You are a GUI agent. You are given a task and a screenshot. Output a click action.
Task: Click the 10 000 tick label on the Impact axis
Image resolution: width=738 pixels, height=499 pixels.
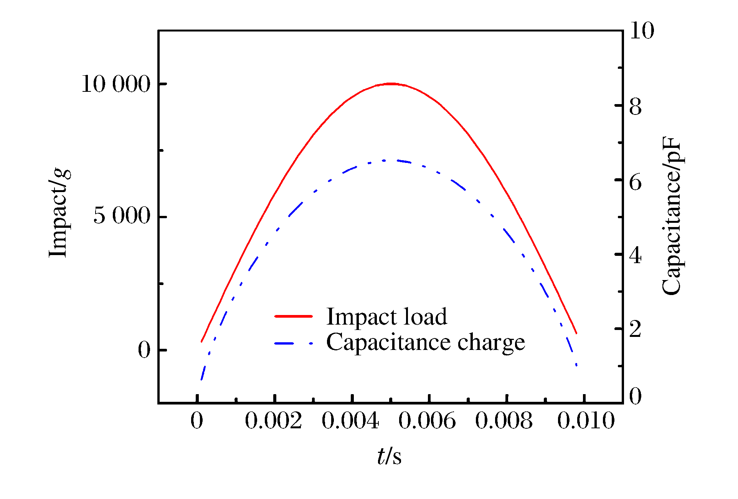pyautogui.click(x=116, y=84)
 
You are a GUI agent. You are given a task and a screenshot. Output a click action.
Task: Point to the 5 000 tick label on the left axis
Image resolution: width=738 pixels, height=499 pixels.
pyautogui.click(x=122, y=216)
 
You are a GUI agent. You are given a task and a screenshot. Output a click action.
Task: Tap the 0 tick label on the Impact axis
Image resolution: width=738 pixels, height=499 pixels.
pyautogui.click(x=144, y=350)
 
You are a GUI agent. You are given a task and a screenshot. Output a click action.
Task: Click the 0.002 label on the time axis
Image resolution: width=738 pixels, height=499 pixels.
pyautogui.click(x=274, y=421)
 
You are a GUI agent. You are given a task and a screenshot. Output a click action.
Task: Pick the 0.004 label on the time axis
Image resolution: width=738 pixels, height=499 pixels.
pyautogui.click(x=350, y=421)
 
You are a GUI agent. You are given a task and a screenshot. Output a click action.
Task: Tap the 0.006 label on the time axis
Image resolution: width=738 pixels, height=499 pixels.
pyautogui.click(x=427, y=421)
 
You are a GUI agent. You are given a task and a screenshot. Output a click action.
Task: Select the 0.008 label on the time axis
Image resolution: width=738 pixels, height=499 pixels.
pyautogui.click(x=504, y=421)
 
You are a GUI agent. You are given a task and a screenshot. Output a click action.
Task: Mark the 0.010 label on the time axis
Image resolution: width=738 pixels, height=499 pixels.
pyautogui.click(x=586, y=421)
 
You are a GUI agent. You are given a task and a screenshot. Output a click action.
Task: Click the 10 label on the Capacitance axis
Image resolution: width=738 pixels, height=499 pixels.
pyautogui.click(x=642, y=31)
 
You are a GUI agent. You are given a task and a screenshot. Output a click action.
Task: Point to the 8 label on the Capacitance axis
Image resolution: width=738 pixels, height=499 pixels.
pyautogui.click(x=636, y=106)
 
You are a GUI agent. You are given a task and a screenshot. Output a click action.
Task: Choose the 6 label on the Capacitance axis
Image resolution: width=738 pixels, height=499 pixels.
pyautogui.click(x=636, y=182)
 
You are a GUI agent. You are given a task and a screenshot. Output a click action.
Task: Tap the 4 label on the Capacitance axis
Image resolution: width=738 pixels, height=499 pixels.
pyautogui.click(x=636, y=255)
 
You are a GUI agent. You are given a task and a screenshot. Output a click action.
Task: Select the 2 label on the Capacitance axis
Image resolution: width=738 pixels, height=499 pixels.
pyautogui.click(x=636, y=329)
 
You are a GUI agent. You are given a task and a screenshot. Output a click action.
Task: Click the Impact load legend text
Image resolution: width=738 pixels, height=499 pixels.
pyautogui.click(x=386, y=317)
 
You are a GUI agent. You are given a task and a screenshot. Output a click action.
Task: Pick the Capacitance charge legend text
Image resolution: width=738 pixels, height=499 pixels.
pyautogui.click(x=425, y=342)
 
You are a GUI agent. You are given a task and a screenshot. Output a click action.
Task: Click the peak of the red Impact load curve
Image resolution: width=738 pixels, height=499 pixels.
pyautogui.click(x=390, y=83)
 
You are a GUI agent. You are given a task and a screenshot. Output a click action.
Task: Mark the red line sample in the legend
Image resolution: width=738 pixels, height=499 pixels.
pyautogui.click(x=294, y=316)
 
